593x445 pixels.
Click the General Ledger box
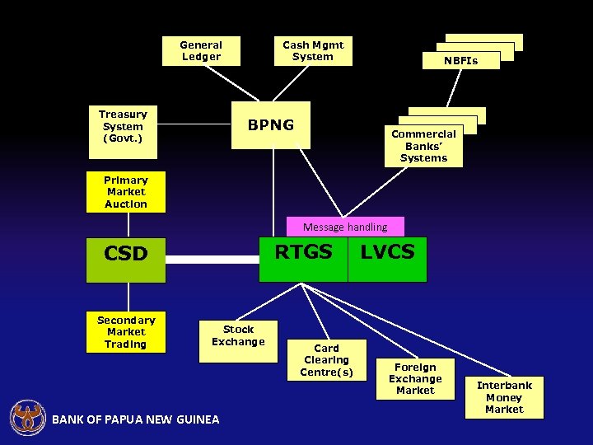[x=201, y=51]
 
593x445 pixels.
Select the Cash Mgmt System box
[x=313, y=51]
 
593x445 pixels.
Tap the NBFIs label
[x=460, y=61]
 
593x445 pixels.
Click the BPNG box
[x=271, y=125]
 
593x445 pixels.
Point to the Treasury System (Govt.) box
[x=123, y=126]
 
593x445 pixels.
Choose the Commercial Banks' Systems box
[x=423, y=146]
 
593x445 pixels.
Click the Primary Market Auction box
[x=126, y=192]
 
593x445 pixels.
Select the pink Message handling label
[x=345, y=227]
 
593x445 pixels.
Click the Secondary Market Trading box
[x=126, y=332]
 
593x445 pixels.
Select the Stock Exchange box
[x=238, y=335]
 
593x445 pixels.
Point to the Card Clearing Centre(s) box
[x=326, y=360]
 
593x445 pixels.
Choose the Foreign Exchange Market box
[x=415, y=379]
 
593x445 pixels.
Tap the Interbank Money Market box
[x=504, y=397]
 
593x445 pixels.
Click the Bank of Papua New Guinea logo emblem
[x=27, y=418]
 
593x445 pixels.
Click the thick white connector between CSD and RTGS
[x=212, y=259]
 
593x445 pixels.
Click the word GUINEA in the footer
[x=197, y=420]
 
